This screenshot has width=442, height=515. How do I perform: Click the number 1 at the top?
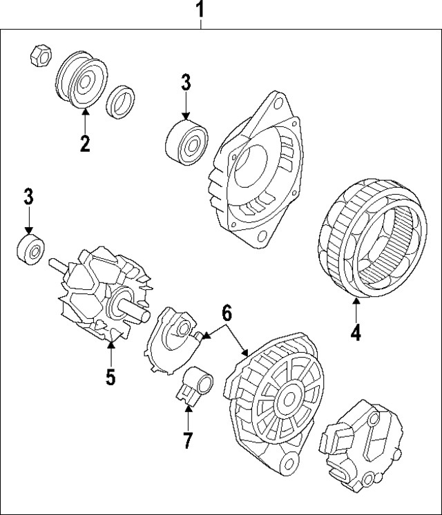tap(200, 10)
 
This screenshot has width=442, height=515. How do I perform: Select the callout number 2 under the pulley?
tap(84, 144)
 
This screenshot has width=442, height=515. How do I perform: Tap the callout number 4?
tap(355, 333)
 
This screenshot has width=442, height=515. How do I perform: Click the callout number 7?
tap(188, 439)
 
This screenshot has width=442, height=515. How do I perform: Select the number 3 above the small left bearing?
tap(28, 197)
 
